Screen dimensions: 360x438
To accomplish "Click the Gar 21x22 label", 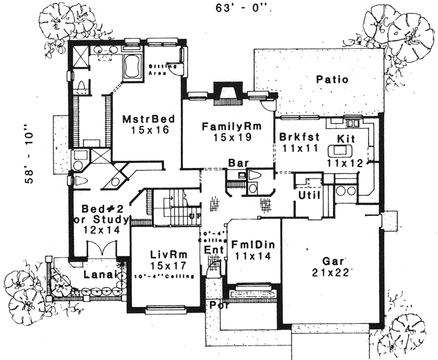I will pyautogui.click(x=329, y=267).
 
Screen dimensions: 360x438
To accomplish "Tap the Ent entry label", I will pyautogui.click(x=211, y=249).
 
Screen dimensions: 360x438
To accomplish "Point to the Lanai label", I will pyautogui.click(x=98, y=274).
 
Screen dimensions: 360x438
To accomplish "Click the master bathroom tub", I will pyautogui.click(x=129, y=67).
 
